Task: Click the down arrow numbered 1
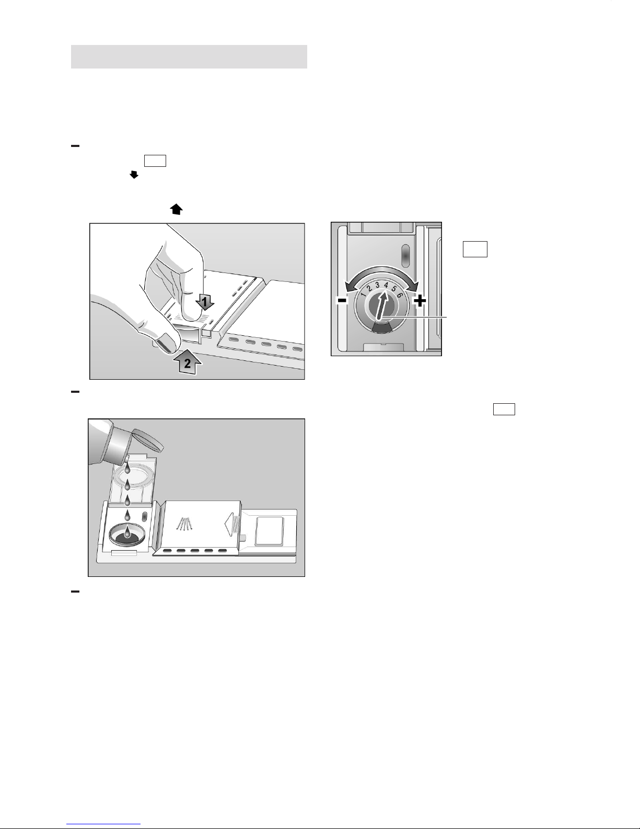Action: (x=205, y=303)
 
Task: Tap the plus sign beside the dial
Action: (x=420, y=301)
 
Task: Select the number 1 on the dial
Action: (x=363, y=294)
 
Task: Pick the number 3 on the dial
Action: (x=377, y=285)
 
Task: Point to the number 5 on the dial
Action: (x=394, y=288)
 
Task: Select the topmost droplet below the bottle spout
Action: (x=127, y=468)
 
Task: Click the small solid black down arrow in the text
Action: (x=134, y=175)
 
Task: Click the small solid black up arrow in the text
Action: (x=176, y=209)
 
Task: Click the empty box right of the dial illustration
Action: (x=475, y=249)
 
